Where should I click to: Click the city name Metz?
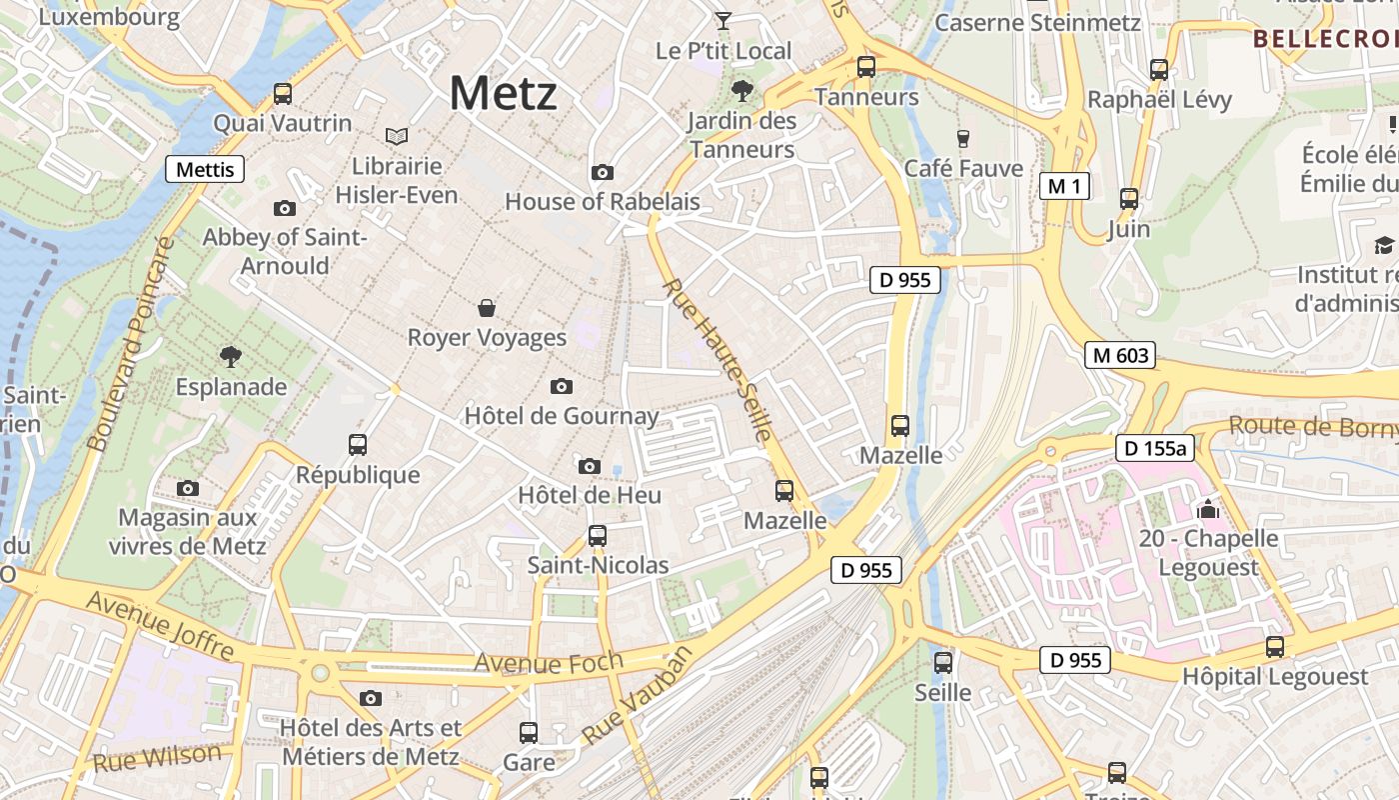(503, 93)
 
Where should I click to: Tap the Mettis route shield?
(205, 169)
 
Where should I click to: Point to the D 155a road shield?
(1155, 448)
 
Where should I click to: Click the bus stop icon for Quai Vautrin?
(283, 94)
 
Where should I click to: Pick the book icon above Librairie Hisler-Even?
(397, 136)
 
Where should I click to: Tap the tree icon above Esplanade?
(231, 356)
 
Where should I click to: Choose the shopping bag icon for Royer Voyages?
(487, 307)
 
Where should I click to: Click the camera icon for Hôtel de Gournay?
(562, 386)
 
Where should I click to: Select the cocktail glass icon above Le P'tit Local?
(723, 20)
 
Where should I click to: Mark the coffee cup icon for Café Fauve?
(963, 138)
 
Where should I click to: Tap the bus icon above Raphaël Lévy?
(1159, 69)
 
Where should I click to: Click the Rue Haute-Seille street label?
(717, 360)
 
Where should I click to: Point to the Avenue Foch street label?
(548, 662)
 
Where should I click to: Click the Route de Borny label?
(1312, 425)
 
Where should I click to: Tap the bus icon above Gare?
(529, 732)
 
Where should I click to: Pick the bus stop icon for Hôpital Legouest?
(1275, 646)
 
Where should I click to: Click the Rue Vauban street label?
(637, 696)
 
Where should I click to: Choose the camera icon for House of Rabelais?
(602, 172)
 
